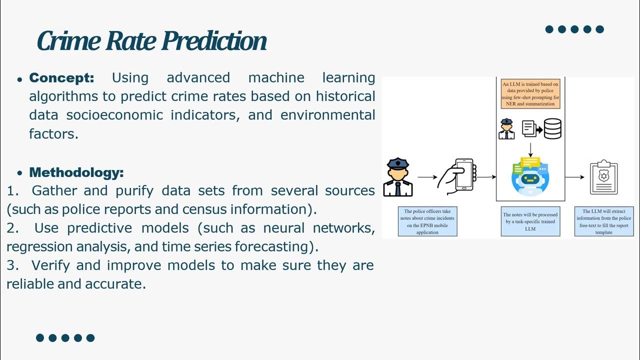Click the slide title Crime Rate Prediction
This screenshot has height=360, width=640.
tap(151, 41)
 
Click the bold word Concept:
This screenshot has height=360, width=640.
tap(61, 78)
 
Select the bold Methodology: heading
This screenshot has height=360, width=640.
tap(76, 173)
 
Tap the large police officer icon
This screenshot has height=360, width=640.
tap(398, 177)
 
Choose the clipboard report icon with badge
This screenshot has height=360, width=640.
tap(603, 177)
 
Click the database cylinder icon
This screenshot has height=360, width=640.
tap(552, 128)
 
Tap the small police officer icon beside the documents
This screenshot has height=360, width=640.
tap(506, 129)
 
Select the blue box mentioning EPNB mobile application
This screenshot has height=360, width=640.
tap(427, 221)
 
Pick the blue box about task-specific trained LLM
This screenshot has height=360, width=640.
tap(530, 221)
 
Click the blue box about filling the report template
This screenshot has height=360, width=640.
tap(603, 221)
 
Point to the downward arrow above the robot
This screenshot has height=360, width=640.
tap(530, 148)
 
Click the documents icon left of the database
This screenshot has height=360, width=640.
tap(528, 128)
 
